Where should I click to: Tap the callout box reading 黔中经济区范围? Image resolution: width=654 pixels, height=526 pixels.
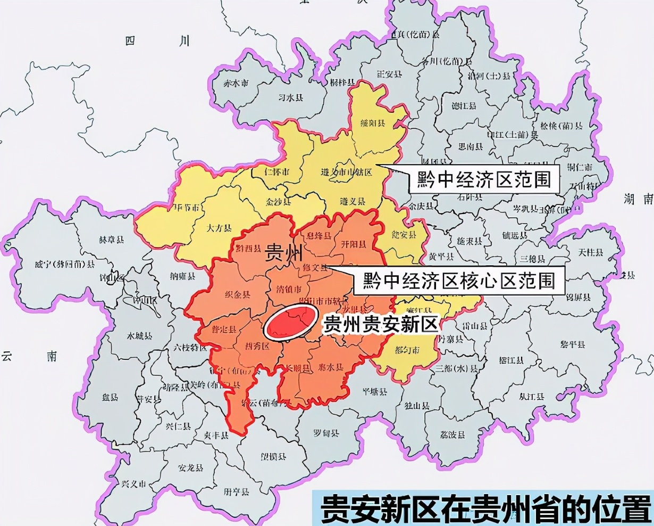[x=484, y=180]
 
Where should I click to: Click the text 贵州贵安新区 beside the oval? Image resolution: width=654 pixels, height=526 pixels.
[x=380, y=324]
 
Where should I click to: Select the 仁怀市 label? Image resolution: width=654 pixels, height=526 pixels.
[x=276, y=172]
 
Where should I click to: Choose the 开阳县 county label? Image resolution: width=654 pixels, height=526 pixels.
[x=352, y=245]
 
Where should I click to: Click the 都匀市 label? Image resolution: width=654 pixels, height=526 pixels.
[x=407, y=350]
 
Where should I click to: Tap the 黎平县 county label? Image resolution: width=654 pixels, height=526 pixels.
[x=572, y=345]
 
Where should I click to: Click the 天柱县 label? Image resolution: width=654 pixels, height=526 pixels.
[x=591, y=252]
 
